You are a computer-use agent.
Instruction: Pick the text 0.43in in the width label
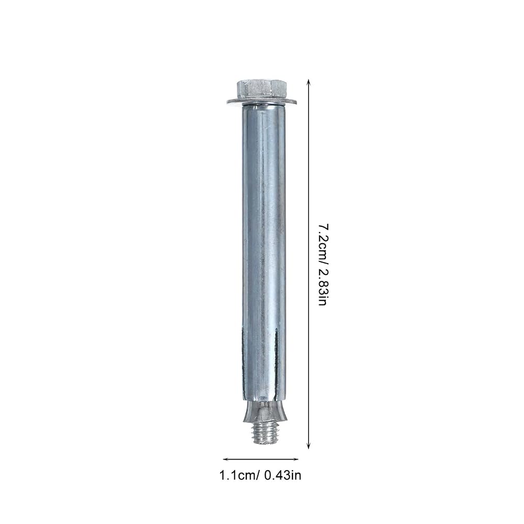pyautogui.click(x=283, y=475)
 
